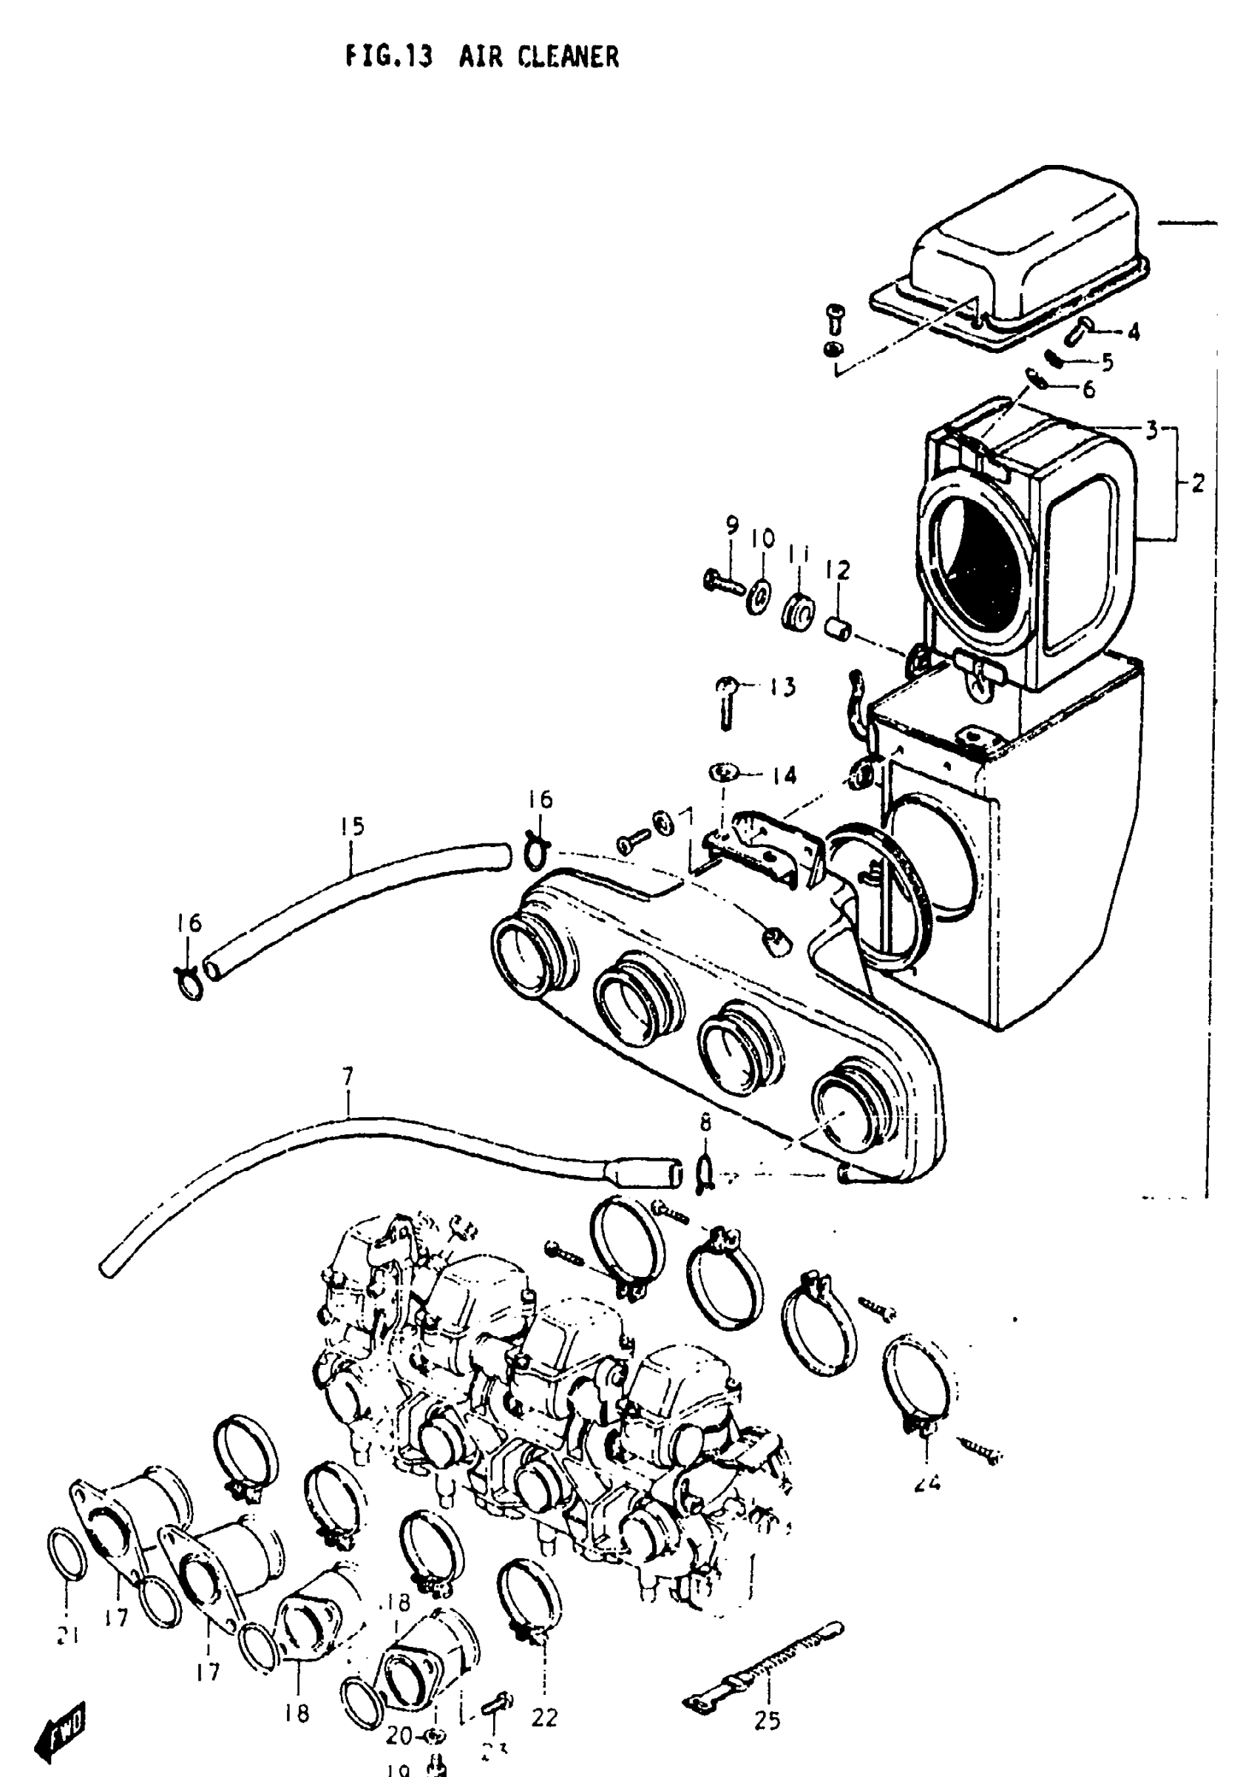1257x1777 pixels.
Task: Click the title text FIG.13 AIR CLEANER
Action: pos(481,56)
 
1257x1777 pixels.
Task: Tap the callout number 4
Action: pos(1134,332)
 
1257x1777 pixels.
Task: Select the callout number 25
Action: pos(767,1721)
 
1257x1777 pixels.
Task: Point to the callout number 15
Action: pos(351,826)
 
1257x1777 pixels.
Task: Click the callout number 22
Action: pos(544,1717)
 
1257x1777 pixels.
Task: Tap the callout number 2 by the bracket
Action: pos(1197,484)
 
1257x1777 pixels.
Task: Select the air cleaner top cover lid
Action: pos(1022,255)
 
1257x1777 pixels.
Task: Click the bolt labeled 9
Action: pos(720,581)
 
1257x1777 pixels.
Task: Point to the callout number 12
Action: pos(838,570)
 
